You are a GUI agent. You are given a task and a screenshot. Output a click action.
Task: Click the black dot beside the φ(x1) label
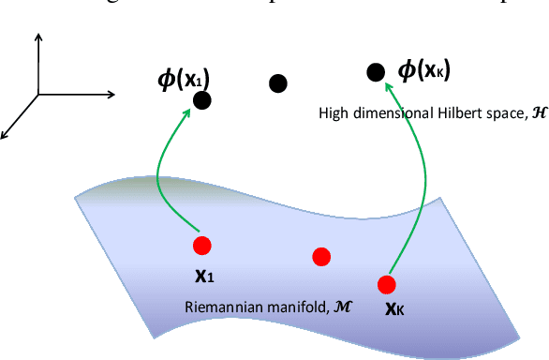[x=201, y=99]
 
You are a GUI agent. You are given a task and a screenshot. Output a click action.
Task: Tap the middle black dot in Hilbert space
[x=277, y=83]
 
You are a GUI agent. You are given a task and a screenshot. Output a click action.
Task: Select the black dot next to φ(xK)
[x=376, y=71]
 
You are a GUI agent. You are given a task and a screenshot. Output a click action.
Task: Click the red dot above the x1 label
[x=201, y=247]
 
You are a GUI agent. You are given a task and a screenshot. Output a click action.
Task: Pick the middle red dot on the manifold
[x=321, y=256]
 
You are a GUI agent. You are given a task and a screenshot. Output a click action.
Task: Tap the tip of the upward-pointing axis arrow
[x=38, y=34]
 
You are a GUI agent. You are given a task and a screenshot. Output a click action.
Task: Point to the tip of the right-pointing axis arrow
[x=115, y=93]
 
